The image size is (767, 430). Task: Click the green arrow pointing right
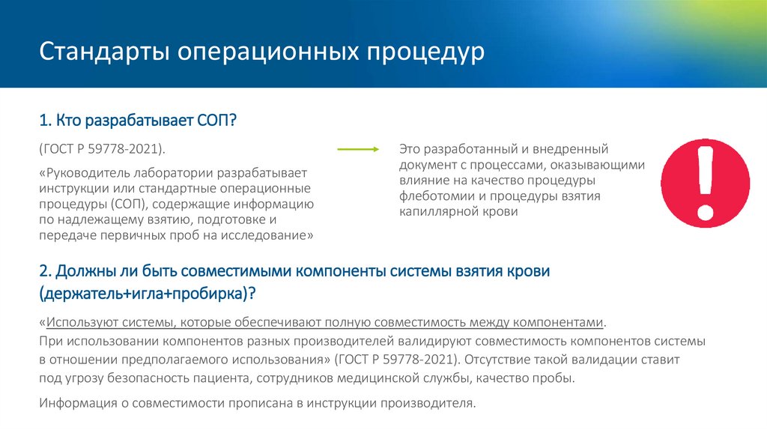click(358, 150)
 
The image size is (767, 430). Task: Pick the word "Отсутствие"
click(498, 360)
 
